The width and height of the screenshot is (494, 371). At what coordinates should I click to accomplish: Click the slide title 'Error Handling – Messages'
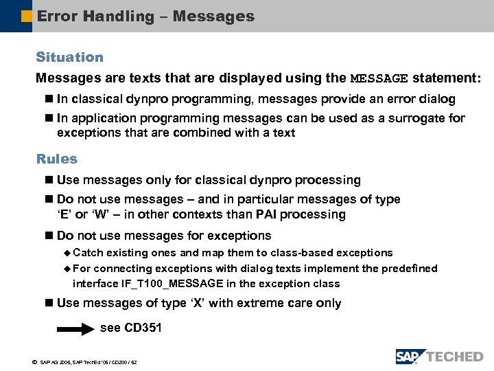coord(145,16)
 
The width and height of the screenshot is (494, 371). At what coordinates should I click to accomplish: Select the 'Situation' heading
coord(69,57)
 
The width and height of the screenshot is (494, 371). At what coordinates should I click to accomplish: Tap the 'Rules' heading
coord(56,159)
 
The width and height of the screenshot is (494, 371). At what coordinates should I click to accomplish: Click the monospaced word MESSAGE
coord(379,78)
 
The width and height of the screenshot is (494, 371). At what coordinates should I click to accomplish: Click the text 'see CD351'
coord(131,328)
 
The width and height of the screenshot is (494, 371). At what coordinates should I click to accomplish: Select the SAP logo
coord(410,356)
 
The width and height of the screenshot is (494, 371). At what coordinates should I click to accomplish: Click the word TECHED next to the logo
coord(455,356)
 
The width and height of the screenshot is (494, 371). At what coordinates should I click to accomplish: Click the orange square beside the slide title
coord(27,15)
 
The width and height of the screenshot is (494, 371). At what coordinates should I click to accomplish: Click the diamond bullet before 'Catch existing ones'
coord(67,254)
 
